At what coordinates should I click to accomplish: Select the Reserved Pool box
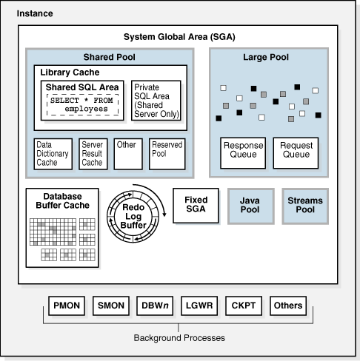click(166, 154)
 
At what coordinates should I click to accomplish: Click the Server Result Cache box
click(93, 154)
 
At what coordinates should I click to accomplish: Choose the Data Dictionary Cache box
click(53, 154)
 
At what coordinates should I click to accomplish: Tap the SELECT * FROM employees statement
click(81, 104)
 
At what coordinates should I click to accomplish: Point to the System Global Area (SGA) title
click(179, 38)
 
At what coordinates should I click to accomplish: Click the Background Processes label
click(179, 338)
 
